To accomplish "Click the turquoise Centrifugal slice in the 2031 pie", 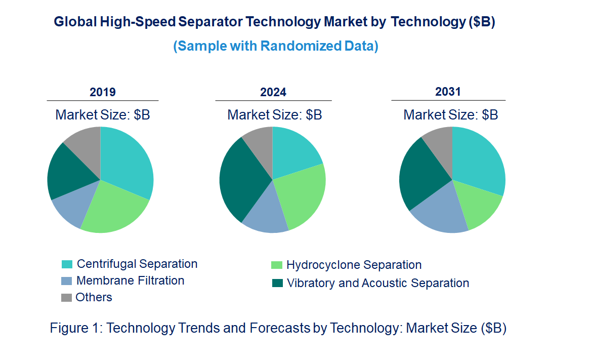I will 478,159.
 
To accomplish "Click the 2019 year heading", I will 103,92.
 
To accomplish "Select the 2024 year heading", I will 273,92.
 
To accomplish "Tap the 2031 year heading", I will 448,92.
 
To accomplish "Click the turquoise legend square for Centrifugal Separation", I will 67,264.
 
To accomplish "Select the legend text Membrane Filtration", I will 130,281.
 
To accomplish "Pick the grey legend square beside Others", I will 67,298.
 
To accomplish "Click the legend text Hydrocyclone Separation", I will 354,265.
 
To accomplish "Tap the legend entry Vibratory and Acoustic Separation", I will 377,283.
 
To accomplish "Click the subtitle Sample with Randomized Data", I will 276,46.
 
